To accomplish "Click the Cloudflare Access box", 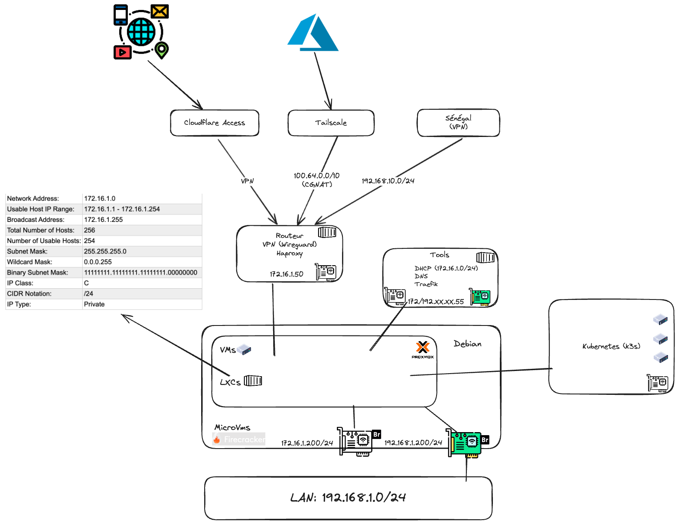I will pyautogui.click(x=215, y=123).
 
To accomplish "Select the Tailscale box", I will pyautogui.click(x=331, y=123).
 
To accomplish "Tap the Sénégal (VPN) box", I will pyautogui.click(x=458, y=123).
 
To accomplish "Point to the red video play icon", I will pyautogui.click(x=122, y=52).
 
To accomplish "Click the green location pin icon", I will pyautogui.click(x=162, y=50).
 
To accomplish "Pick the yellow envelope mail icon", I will pyautogui.click(x=160, y=12).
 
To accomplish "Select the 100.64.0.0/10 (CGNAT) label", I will pyautogui.click(x=316, y=180).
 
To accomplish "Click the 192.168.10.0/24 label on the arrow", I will pyautogui.click(x=388, y=181).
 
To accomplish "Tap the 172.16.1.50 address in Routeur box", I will pyautogui.click(x=287, y=274).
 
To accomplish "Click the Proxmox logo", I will pyautogui.click(x=423, y=349).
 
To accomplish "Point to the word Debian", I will pyautogui.click(x=467, y=344).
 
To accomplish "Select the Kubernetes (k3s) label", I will pyautogui.click(x=611, y=346).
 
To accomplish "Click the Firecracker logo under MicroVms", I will pyautogui.click(x=239, y=439).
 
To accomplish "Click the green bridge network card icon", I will pyautogui.click(x=466, y=443).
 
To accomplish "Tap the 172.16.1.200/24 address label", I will pyautogui.click(x=307, y=443).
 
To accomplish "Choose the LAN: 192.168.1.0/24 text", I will pyautogui.click(x=348, y=498).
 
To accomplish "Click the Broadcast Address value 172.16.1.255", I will pyautogui.click(x=103, y=220).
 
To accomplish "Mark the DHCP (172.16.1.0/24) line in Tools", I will pyautogui.click(x=446, y=268).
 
